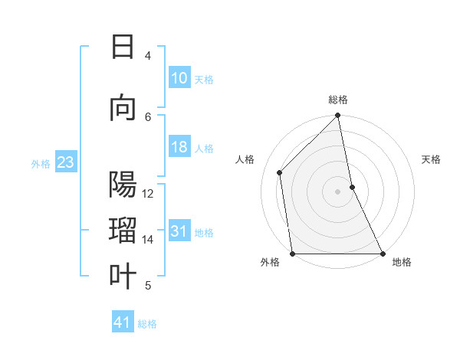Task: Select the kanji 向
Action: (x=123, y=109)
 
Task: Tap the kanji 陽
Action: (x=123, y=185)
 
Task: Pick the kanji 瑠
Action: (x=123, y=231)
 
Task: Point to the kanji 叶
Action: (x=123, y=277)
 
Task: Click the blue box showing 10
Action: (x=179, y=78)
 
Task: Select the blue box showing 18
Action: (x=179, y=148)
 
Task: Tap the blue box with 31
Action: (x=179, y=231)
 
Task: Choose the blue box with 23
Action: (x=65, y=162)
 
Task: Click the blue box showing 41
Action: (x=123, y=322)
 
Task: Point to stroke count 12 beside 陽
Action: (x=148, y=194)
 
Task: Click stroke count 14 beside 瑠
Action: (x=148, y=240)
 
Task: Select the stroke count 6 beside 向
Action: (x=148, y=116)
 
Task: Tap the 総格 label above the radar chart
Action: (x=338, y=100)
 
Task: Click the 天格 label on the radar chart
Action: (x=432, y=159)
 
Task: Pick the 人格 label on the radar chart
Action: (x=245, y=159)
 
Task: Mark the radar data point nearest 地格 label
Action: (x=383, y=254)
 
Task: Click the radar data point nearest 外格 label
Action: (x=292, y=254)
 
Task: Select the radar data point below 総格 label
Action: (x=337, y=116)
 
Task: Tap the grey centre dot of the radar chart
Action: (x=337, y=191)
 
